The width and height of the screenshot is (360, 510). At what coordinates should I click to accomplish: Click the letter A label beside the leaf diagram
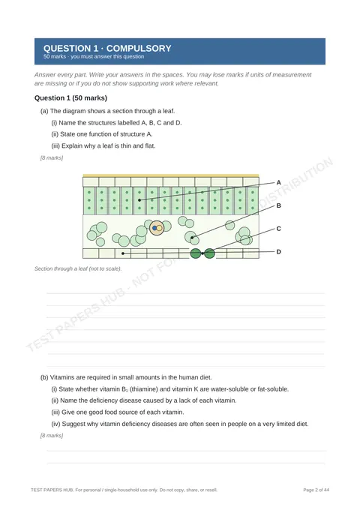click(x=278, y=182)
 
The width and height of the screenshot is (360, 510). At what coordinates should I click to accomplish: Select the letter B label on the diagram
click(x=278, y=205)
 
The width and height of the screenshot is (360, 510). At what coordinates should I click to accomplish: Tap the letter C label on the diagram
click(x=278, y=229)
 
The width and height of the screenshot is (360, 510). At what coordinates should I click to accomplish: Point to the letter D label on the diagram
click(x=278, y=252)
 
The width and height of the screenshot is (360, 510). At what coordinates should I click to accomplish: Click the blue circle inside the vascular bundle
click(x=154, y=228)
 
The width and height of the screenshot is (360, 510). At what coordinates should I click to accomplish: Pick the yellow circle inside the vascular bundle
click(x=159, y=228)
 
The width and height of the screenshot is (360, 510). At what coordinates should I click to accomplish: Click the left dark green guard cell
click(x=196, y=253)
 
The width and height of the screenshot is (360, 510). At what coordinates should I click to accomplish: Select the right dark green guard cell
click(x=209, y=253)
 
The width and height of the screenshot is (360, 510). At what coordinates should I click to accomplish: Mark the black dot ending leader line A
click(x=139, y=200)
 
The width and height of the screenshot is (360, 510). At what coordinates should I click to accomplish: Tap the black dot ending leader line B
click(x=192, y=238)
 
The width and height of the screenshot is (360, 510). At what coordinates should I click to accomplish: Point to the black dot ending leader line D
click(x=123, y=253)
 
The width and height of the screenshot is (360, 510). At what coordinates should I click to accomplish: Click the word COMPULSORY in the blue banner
click(x=139, y=49)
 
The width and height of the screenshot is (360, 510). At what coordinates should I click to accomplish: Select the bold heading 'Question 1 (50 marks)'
click(x=70, y=98)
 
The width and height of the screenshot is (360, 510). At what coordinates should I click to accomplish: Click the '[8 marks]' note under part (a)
click(x=52, y=157)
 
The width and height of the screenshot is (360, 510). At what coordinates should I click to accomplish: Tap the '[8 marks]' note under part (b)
click(x=52, y=435)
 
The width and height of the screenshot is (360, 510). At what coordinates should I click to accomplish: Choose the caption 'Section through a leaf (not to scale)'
click(x=78, y=268)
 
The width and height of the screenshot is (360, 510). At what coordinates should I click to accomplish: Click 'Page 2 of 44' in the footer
click(x=316, y=490)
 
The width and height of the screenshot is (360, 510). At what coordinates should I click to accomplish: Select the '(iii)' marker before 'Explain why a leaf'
click(x=55, y=146)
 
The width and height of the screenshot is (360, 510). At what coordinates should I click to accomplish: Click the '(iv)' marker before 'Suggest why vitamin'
click(x=55, y=424)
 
